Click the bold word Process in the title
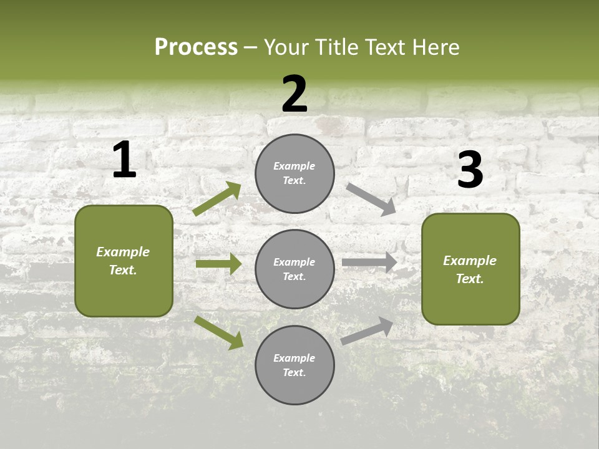click(196, 47)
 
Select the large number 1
click(124, 160)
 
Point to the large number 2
click(295, 94)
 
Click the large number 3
click(470, 170)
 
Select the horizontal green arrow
click(218, 264)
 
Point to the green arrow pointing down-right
click(219, 332)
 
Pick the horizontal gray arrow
click(369, 263)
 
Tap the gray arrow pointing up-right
click(368, 331)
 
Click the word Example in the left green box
click(123, 252)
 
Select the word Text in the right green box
click(469, 279)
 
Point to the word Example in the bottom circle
click(295, 358)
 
